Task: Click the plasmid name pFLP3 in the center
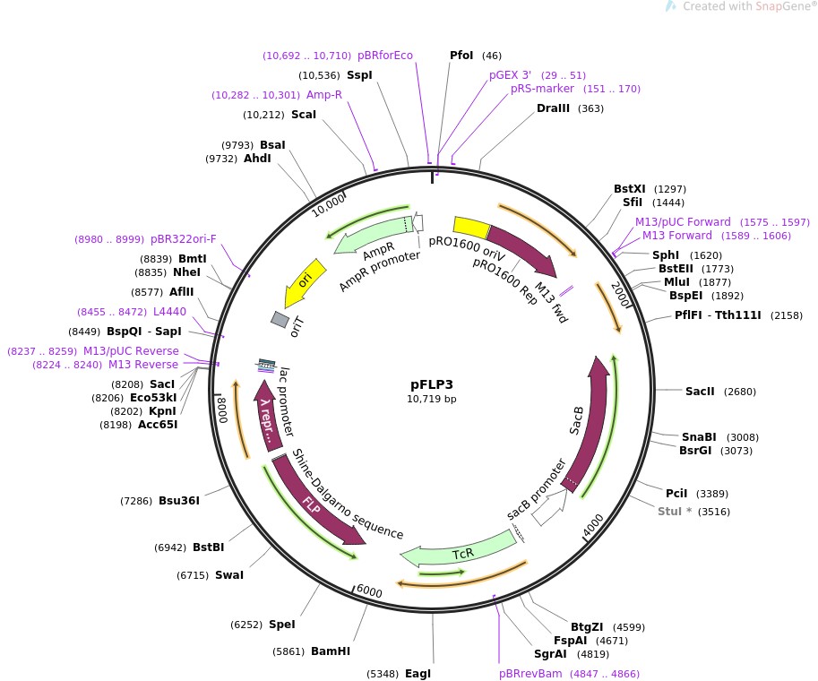(x=431, y=384)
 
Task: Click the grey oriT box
(x=280, y=319)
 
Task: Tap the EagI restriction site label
(x=418, y=673)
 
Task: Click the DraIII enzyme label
(x=553, y=108)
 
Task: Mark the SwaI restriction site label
(x=229, y=575)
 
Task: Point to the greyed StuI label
(x=675, y=512)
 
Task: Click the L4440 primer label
(x=170, y=311)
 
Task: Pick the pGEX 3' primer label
(x=510, y=75)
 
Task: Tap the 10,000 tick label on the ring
(x=327, y=203)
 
